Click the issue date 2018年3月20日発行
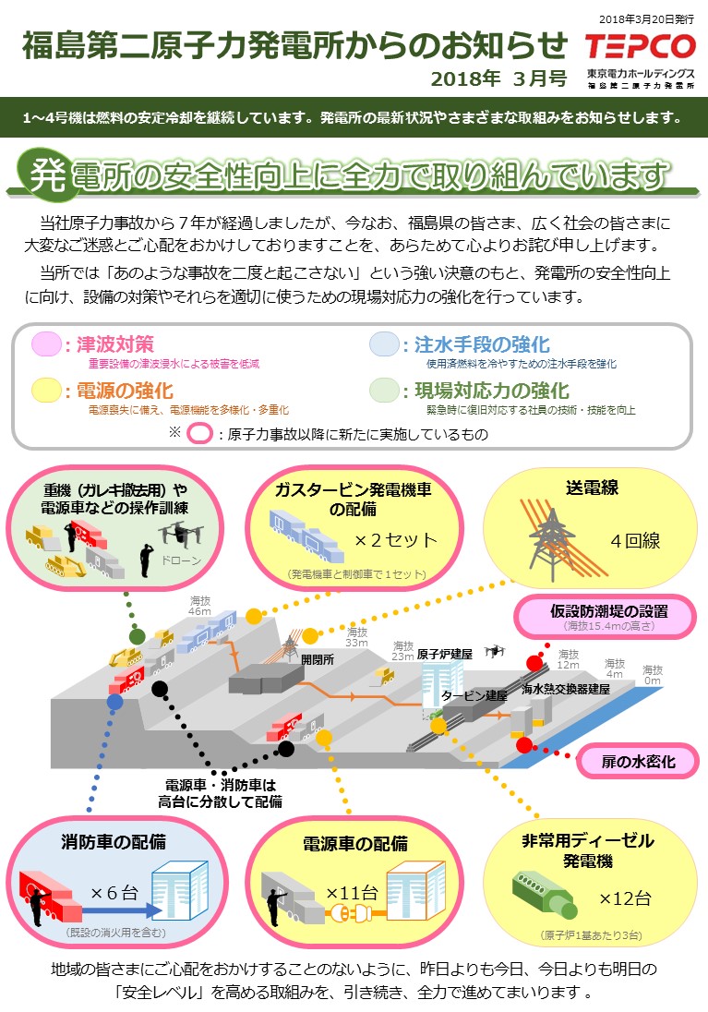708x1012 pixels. pos(647,18)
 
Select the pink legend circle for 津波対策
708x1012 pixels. pos(45,344)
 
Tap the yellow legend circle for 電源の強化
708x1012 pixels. pos(45,390)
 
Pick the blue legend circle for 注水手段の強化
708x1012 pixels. pos(383,344)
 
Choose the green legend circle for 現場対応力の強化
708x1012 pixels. pos(383,390)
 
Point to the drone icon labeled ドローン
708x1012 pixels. pos(179,533)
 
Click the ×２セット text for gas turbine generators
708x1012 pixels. pos(396,540)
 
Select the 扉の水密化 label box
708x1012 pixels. pos(639,762)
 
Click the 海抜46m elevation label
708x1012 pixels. pos(200,605)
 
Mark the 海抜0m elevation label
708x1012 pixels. pos(653,675)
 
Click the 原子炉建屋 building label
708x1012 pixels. pos(445,654)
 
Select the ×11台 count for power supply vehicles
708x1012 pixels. pos(352,893)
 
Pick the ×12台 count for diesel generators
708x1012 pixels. pos(625,898)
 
